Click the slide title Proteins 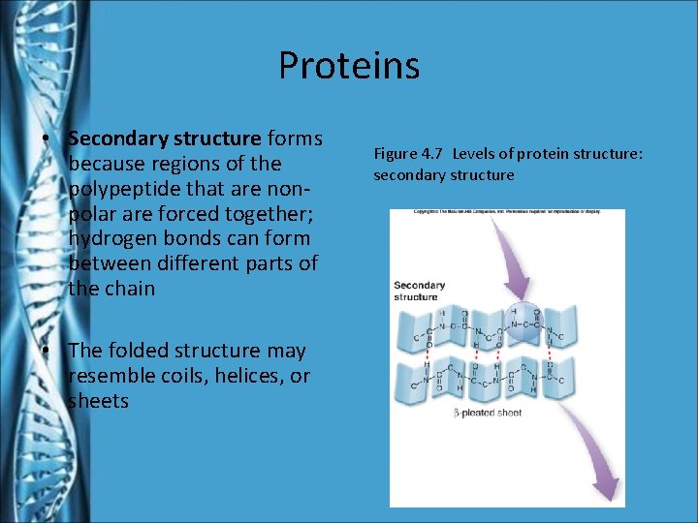[348, 66]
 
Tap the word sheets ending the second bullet [98, 401]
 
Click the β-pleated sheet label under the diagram [487, 413]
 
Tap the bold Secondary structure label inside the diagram [419, 291]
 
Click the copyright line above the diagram [507, 212]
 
